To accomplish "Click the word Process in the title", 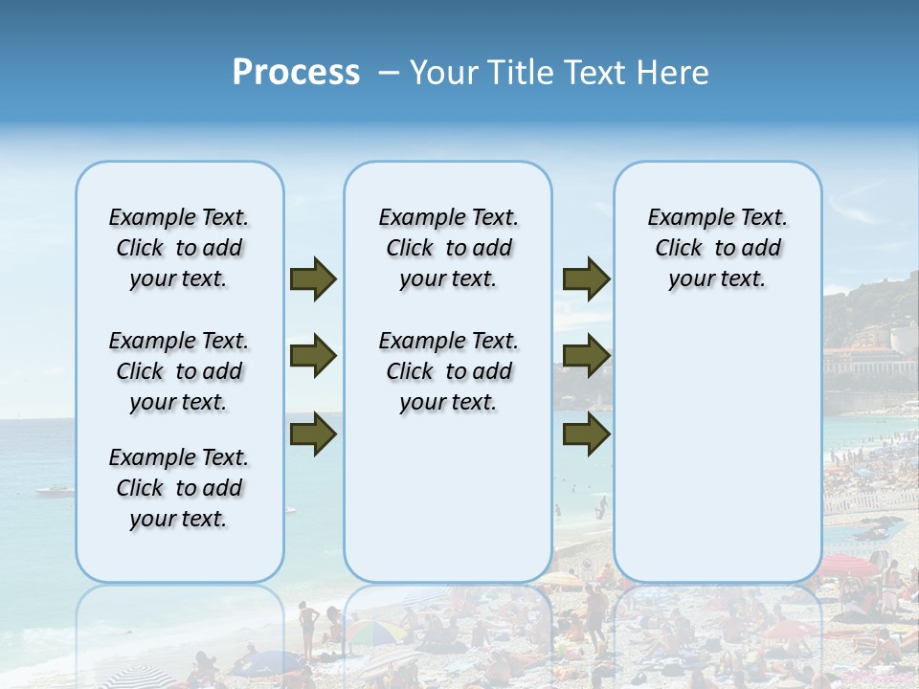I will click(296, 73).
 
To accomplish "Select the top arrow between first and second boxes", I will click(313, 279).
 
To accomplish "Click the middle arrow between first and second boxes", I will click(313, 357).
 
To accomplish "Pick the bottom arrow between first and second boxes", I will click(313, 434).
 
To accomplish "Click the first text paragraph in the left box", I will click(179, 248).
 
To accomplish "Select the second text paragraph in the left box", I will click(179, 371).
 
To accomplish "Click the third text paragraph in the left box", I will click(179, 488).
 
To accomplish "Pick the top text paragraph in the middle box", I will click(448, 248).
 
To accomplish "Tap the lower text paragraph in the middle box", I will click(448, 371).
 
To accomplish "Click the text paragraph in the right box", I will click(717, 248).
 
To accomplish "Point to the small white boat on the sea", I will click(56, 491).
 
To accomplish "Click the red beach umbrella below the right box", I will click(848, 565).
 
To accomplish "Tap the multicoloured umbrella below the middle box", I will click(374, 632).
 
